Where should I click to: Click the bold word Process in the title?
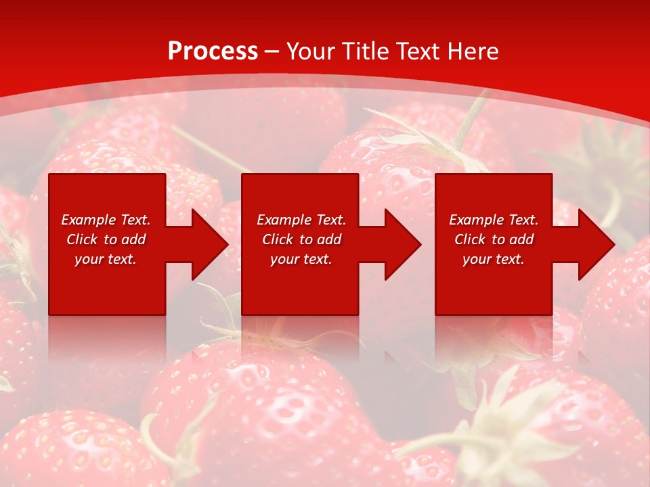tap(213, 51)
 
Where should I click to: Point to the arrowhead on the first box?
tap(207, 244)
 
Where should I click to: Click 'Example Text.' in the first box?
tap(106, 220)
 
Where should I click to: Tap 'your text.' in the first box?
tap(106, 259)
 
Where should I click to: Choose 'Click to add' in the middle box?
tap(301, 239)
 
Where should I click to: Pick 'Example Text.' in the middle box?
tap(301, 220)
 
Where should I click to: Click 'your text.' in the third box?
tap(494, 259)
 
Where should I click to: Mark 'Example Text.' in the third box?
tap(494, 220)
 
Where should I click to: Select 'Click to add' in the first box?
tap(106, 239)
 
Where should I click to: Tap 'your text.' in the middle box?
tap(301, 259)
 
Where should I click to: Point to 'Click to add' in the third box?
tap(494, 239)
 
